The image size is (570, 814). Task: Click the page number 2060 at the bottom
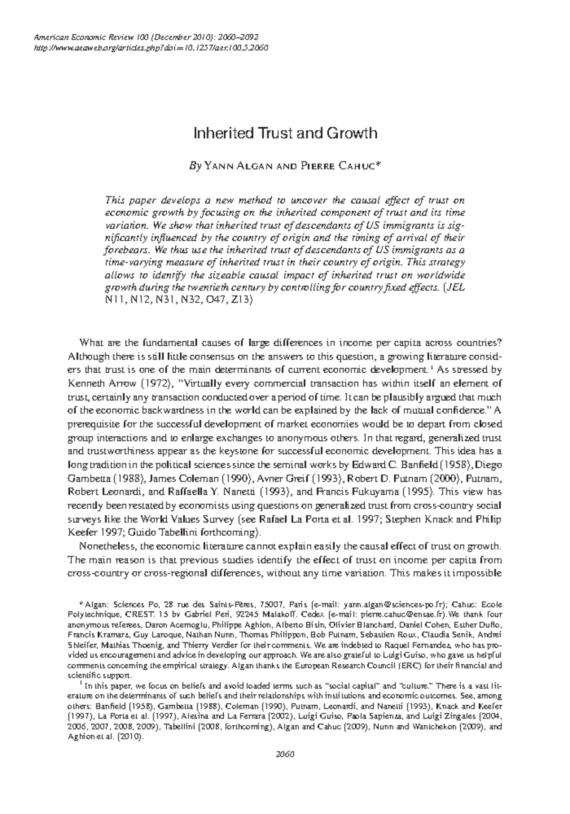point(285,768)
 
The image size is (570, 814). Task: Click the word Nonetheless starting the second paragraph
point(107,546)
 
